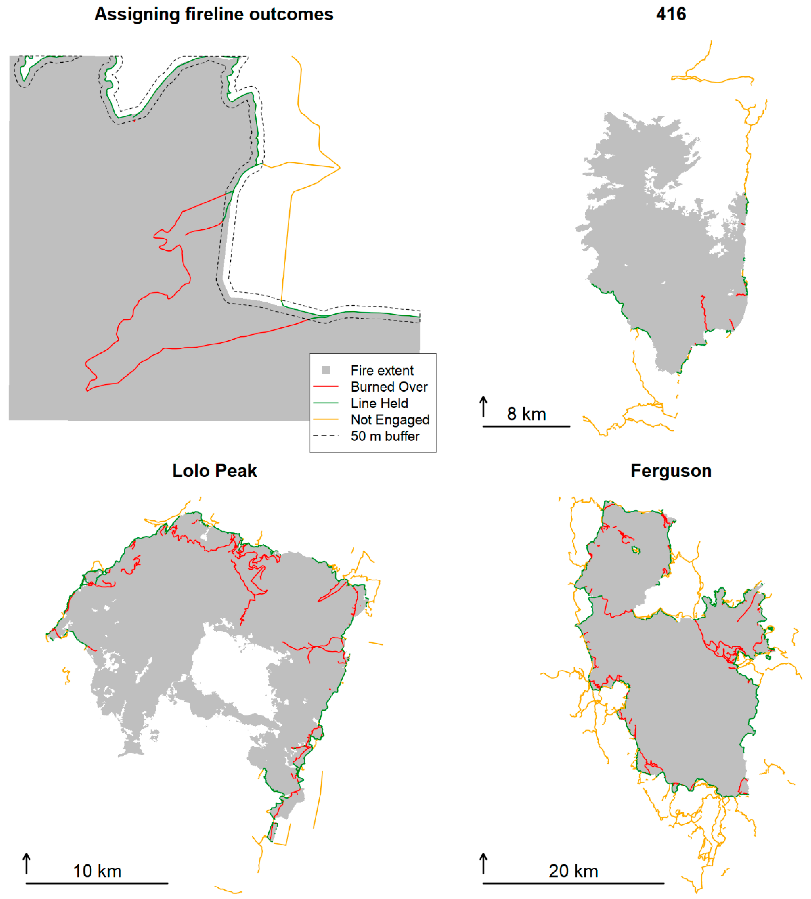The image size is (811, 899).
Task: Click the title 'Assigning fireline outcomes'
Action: [214, 14]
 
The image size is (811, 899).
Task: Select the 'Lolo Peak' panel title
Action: [214, 471]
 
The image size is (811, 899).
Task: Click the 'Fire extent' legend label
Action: [382, 370]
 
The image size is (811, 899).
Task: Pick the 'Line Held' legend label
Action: [379, 403]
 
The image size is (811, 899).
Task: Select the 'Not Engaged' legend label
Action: [390, 420]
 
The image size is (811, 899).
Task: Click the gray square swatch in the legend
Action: [326, 370]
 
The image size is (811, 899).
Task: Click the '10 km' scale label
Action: [97, 871]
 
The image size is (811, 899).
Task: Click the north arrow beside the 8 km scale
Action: [483, 406]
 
